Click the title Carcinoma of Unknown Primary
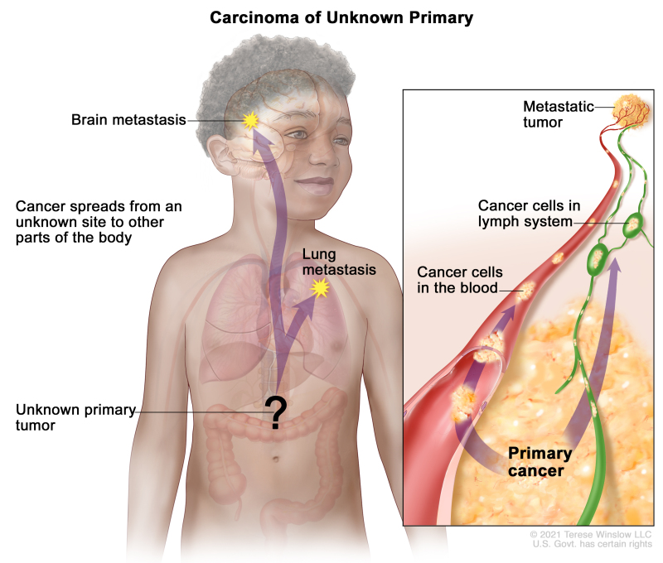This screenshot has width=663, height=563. pyautogui.click(x=331, y=17)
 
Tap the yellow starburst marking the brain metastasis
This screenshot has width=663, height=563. pyautogui.click(x=251, y=121)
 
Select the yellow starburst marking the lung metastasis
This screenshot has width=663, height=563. pyautogui.click(x=319, y=288)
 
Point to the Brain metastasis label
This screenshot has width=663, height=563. pyautogui.click(x=129, y=121)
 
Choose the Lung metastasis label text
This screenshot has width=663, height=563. pyautogui.click(x=338, y=262)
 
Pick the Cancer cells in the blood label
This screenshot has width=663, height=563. pyautogui.click(x=458, y=280)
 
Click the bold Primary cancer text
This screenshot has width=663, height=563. pyautogui.click(x=539, y=462)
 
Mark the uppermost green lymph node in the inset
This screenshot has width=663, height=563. pyautogui.click(x=636, y=223)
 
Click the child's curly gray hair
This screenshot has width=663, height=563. pyautogui.click(x=249, y=66)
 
